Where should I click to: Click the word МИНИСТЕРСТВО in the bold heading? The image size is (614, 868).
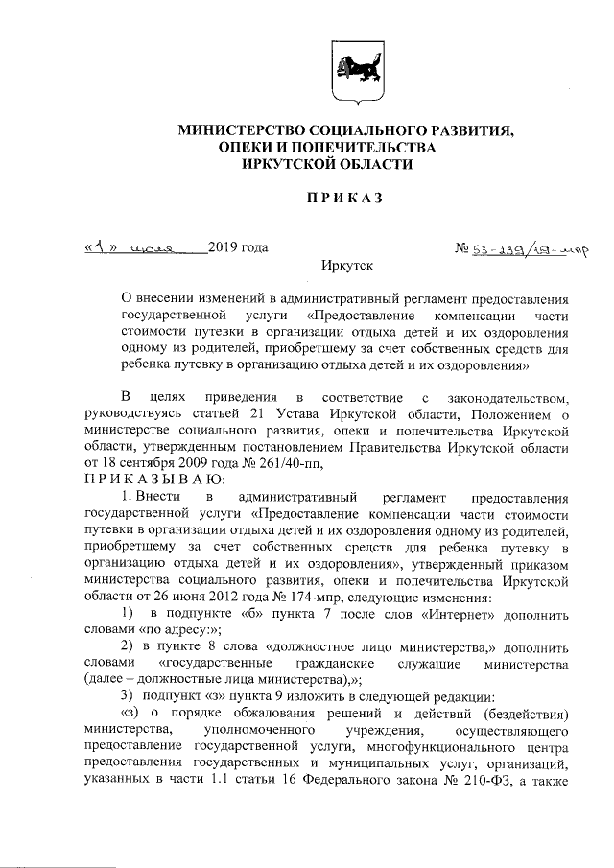pos(236,129)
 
